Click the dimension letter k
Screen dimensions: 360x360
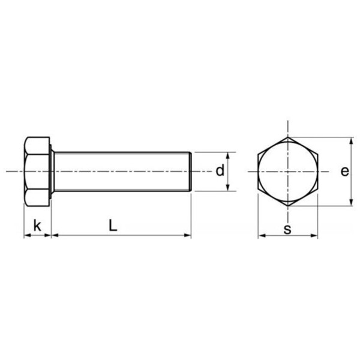pyautogui.click(x=37, y=226)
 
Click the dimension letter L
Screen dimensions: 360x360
pyautogui.click(x=113, y=226)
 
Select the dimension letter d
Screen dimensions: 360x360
pyautogui.click(x=220, y=171)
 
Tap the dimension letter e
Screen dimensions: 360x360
pyautogui.click(x=344, y=172)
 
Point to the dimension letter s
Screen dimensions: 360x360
pyautogui.click(x=287, y=229)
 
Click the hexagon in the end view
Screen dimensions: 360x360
pyautogui.click(x=287, y=172)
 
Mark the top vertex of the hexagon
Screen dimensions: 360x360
pyautogui.click(x=287, y=137)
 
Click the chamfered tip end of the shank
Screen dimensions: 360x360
pyautogui.click(x=190, y=172)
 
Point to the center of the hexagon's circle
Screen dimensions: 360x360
pyautogui.click(x=287, y=172)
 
